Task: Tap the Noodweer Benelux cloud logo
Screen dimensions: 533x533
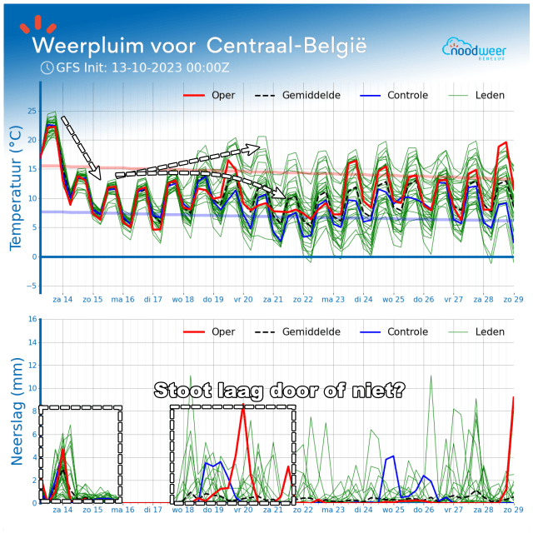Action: [472, 48]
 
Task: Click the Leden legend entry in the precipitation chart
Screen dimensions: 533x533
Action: [489, 331]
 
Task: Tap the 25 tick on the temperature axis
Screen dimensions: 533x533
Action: [32, 111]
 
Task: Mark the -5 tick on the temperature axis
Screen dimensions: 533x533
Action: [32, 286]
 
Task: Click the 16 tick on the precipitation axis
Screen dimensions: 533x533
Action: [32, 319]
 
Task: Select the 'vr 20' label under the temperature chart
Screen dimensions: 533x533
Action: [242, 298]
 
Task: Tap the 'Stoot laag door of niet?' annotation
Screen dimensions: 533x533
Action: [280, 390]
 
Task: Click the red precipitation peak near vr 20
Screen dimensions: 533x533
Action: [242, 406]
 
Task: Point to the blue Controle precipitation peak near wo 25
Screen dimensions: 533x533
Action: [391, 456]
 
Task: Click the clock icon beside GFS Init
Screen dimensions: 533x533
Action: [47, 67]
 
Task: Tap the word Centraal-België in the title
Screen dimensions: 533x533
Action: [286, 43]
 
